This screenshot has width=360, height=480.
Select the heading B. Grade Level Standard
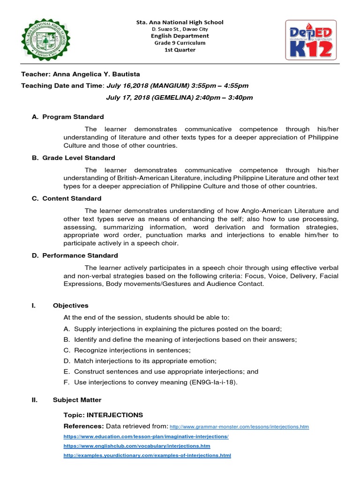pyautogui.click(x=74, y=158)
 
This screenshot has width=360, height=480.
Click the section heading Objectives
pyautogui.click(x=70, y=306)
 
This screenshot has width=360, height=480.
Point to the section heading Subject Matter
pyautogui.click(x=77, y=400)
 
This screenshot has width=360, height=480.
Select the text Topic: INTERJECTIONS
pyautogui.click(x=103, y=415)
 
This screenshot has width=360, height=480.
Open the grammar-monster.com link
pyautogui.click(x=239, y=427)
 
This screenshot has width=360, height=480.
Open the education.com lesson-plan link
pyautogui.click(x=146, y=436)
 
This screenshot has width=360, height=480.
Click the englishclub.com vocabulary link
pyautogui.click(x=137, y=446)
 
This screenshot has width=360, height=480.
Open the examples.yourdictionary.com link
pyautogui.click(x=147, y=455)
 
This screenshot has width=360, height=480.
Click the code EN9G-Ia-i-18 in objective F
pyautogui.click(x=211, y=382)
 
